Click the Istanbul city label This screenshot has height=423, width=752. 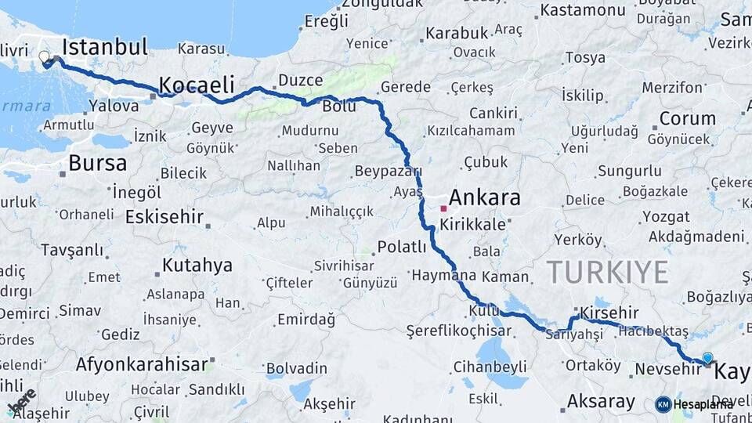pos(104,47)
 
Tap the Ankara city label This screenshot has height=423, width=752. pos(484,197)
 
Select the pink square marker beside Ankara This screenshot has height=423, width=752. pos(443,208)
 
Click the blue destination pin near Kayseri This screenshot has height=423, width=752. pos(707,358)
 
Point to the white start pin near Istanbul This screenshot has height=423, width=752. pos(44,56)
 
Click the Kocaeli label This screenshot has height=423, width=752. pos(197,84)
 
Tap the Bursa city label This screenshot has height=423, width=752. pos(97,163)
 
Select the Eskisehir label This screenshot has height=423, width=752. pos(164,216)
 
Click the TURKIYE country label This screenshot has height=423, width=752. pos(607,272)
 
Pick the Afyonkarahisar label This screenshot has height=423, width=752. pos(142,364)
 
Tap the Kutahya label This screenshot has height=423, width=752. pos(197,265)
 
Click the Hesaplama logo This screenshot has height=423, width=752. pos(694,404)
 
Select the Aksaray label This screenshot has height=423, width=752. pos(601,402)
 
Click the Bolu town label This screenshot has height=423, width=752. pos(338,106)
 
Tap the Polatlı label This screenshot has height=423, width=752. pos(402,247)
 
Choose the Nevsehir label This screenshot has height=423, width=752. pos(667,368)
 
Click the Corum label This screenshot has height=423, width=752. pos(687,118)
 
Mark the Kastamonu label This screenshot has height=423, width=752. pos(583,10)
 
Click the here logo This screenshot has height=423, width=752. pos(22,401)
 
